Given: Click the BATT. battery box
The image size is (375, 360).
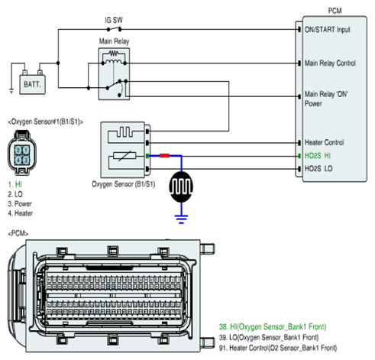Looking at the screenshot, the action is [33, 85].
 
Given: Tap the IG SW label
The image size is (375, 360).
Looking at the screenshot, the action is [114, 20].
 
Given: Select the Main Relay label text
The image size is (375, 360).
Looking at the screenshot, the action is [114, 41].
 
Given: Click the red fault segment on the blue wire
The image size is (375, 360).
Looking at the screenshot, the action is [164, 155].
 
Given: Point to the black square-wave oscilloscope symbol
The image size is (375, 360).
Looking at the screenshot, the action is [181, 186].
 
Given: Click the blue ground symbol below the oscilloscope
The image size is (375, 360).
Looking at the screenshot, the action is [181, 219].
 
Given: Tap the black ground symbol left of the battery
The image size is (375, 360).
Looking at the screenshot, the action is [11, 91].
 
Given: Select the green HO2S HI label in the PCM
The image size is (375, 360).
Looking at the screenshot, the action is [318, 155].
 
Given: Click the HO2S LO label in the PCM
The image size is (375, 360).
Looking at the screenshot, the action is [318, 169].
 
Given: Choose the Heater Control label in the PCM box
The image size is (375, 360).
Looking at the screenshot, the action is [325, 142].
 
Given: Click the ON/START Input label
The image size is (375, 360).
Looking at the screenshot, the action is [328, 30].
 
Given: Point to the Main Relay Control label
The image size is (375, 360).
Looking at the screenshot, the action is [330, 63].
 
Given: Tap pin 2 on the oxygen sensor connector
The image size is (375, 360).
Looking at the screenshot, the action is [18, 151].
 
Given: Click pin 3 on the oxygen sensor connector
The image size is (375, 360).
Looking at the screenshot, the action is [26, 161].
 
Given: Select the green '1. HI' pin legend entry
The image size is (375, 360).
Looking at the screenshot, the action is [15, 184].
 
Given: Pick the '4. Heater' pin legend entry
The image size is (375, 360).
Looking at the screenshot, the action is [21, 213].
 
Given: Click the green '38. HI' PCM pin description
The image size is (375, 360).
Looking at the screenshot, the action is [273, 326].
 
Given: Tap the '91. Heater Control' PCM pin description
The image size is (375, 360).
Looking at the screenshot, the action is [278, 348].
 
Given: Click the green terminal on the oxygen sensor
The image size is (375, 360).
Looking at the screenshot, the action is [147, 156].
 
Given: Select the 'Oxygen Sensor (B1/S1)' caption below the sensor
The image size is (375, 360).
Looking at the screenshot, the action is [124, 184].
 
